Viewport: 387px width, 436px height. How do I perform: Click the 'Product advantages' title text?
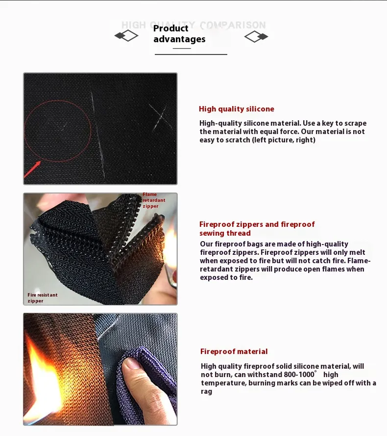[179, 34]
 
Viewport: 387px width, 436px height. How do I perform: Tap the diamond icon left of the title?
[126, 36]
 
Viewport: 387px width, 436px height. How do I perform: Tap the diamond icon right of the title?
[256, 36]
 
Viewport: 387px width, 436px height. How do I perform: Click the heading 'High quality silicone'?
[236, 109]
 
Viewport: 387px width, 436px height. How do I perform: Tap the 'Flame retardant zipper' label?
[154, 200]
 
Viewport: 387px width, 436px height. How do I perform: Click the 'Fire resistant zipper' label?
[43, 298]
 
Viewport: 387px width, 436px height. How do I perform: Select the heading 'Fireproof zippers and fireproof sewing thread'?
[257, 229]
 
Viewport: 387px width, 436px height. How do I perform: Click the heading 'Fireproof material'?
[234, 352]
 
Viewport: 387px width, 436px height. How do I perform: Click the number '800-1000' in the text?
[299, 375]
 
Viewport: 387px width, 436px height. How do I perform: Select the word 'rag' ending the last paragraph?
[206, 391]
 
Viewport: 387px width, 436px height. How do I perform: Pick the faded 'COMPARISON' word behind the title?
[233, 25]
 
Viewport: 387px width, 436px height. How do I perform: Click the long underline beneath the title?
[191, 54]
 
